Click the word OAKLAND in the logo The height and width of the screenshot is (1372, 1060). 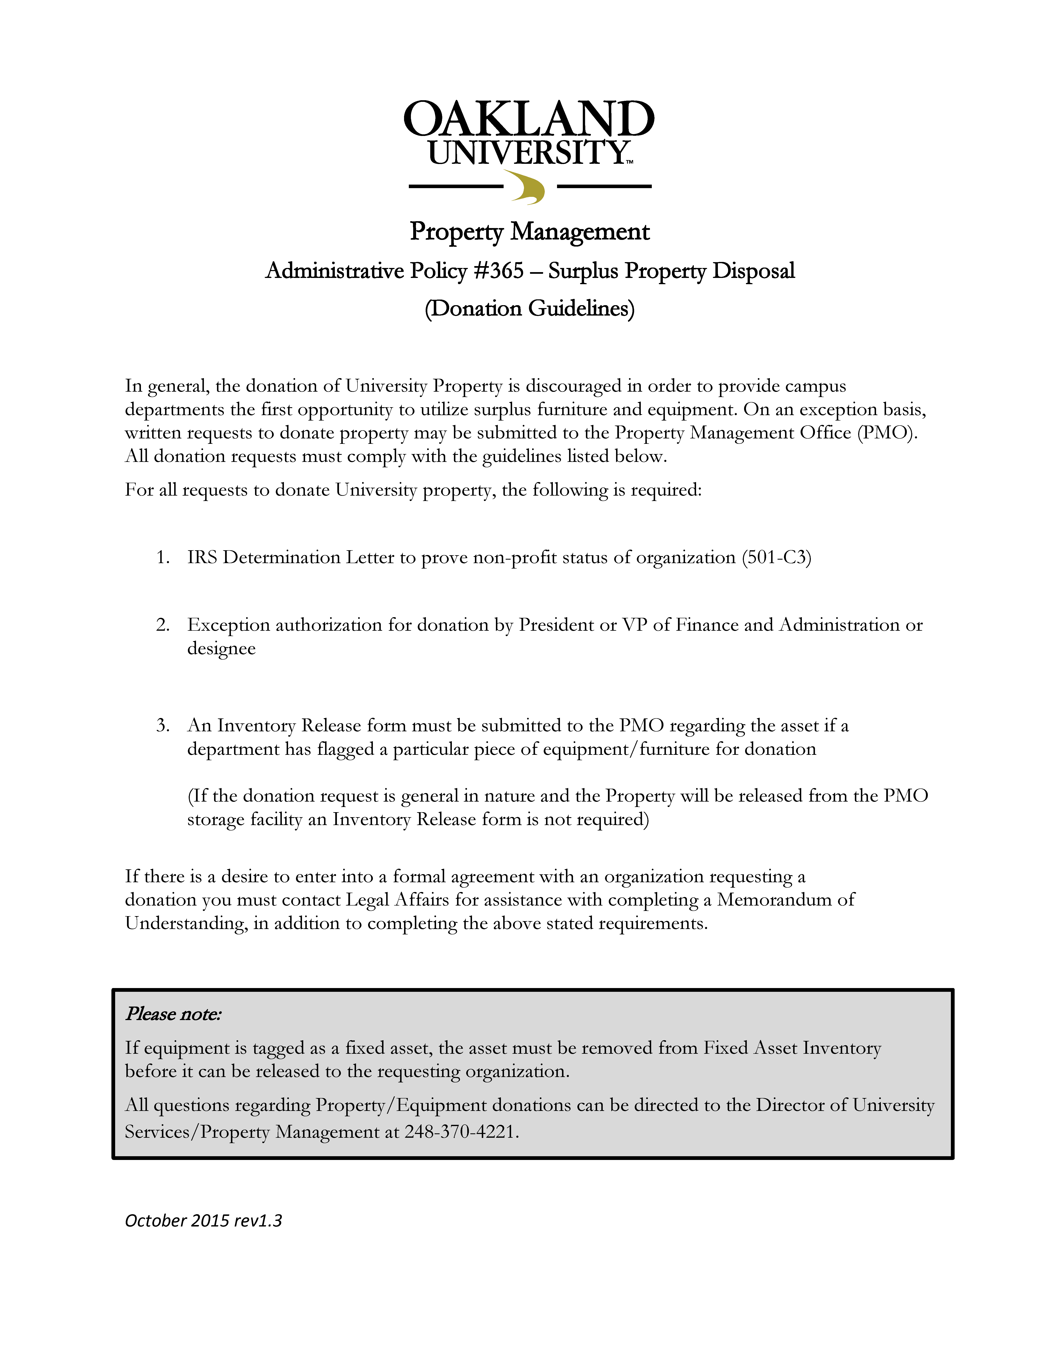pos(529,119)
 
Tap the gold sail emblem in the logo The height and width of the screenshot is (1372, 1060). pos(526,187)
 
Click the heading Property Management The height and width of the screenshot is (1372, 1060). pos(529,232)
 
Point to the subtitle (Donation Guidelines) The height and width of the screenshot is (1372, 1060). pos(529,308)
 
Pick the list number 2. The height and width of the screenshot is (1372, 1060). pos(163,625)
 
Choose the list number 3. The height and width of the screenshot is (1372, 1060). pos(163,725)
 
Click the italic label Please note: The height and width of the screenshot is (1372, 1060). pos(173,1014)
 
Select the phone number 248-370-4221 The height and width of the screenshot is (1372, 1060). pos(460,1132)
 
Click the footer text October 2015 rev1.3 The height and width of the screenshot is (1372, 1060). pos(203,1221)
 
